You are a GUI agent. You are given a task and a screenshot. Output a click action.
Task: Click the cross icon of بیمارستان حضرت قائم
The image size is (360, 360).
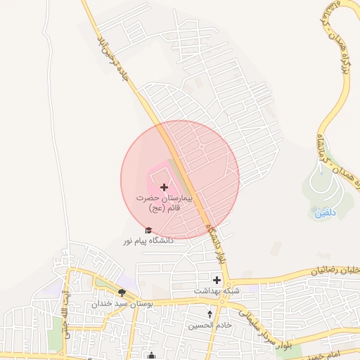[165, 187]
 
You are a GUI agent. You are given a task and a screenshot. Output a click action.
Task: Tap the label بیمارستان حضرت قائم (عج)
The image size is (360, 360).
[164, 204]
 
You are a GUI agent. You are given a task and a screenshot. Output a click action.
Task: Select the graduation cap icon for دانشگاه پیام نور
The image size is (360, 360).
[148, 231]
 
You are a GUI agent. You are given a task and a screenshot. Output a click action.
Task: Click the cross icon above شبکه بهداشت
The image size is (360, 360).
[217, 280]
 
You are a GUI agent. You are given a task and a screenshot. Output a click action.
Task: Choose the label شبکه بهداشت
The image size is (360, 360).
[217, 290]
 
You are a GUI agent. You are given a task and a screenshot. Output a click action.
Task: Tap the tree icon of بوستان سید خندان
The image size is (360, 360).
[122, 293]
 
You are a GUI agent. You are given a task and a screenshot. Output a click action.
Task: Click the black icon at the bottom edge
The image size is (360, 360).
[151, 356]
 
